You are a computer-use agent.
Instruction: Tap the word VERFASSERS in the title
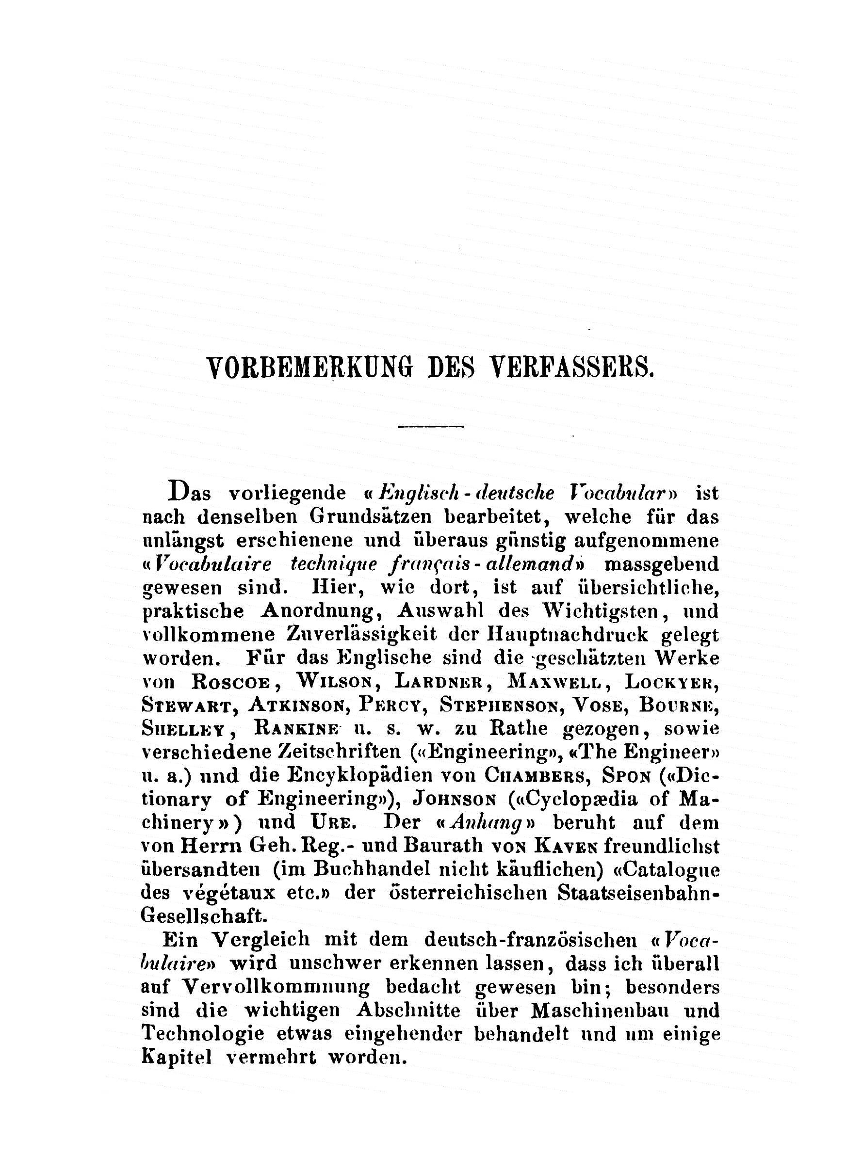click(572, 368)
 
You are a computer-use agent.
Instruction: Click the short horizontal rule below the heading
click(431, 426)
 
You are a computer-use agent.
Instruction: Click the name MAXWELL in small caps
click(554, 681)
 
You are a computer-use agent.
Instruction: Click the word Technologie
click(202, 1034)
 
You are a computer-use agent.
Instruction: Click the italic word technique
click(333, 564)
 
